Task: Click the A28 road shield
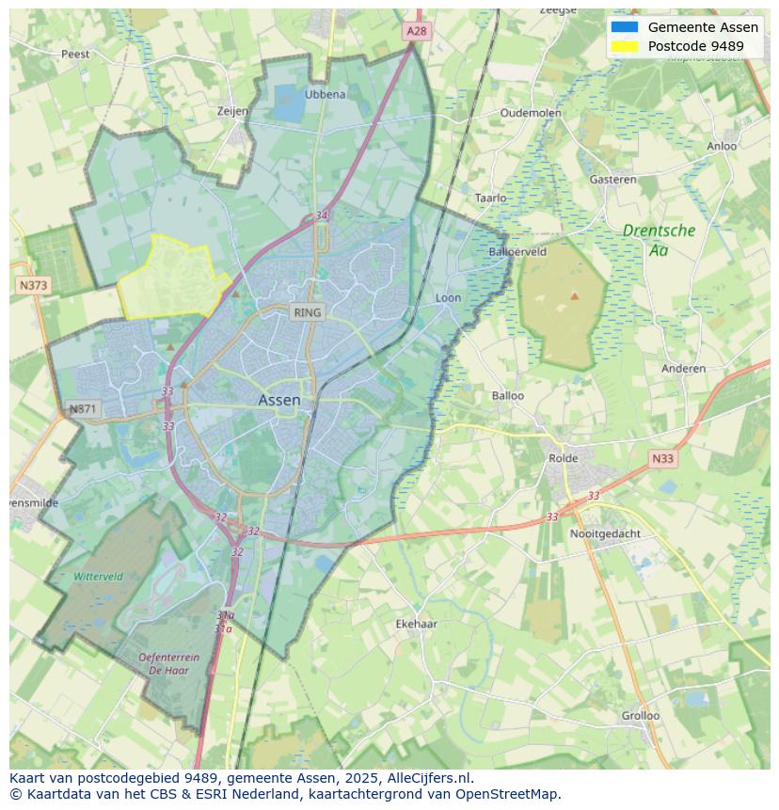pyautogui.click(x=416, y=31)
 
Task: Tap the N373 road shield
pyautogui.click(x=33, y=284)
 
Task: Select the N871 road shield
pyautogui.click(x=83, y=409)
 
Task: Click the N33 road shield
pyautogui.click(x=662, y=459)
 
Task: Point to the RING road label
pyautogui.click(x=307, y=312)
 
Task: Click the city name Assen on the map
pyautogui.click(x=279, y=400)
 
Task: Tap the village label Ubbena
pyautogui.click(x=325, y=94)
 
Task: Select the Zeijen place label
pyautogui.click(x=232, y=111)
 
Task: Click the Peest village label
pyautogui.click(x=75, y=54)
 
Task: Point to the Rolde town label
pyautogui.click(x=564, y=458)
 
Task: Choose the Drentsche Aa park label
pyautogui.click(x=659, y=240)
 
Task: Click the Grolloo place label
pyautogui.click(x=640, y=715)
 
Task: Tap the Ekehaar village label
pyautogui.click(x=416, y=624)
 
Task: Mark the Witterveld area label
pyautogui.click(x=98, y=577)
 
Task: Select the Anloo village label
pyautogui.click(x=722, y=146)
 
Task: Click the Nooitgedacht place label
pyautogui.click(x=605, y=533)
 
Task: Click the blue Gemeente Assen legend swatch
pyautogui.click(x=624, y=27)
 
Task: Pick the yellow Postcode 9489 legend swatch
pyautogui.click(x=624, y=46)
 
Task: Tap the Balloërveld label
pyautogui.click(x=517, y=252)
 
